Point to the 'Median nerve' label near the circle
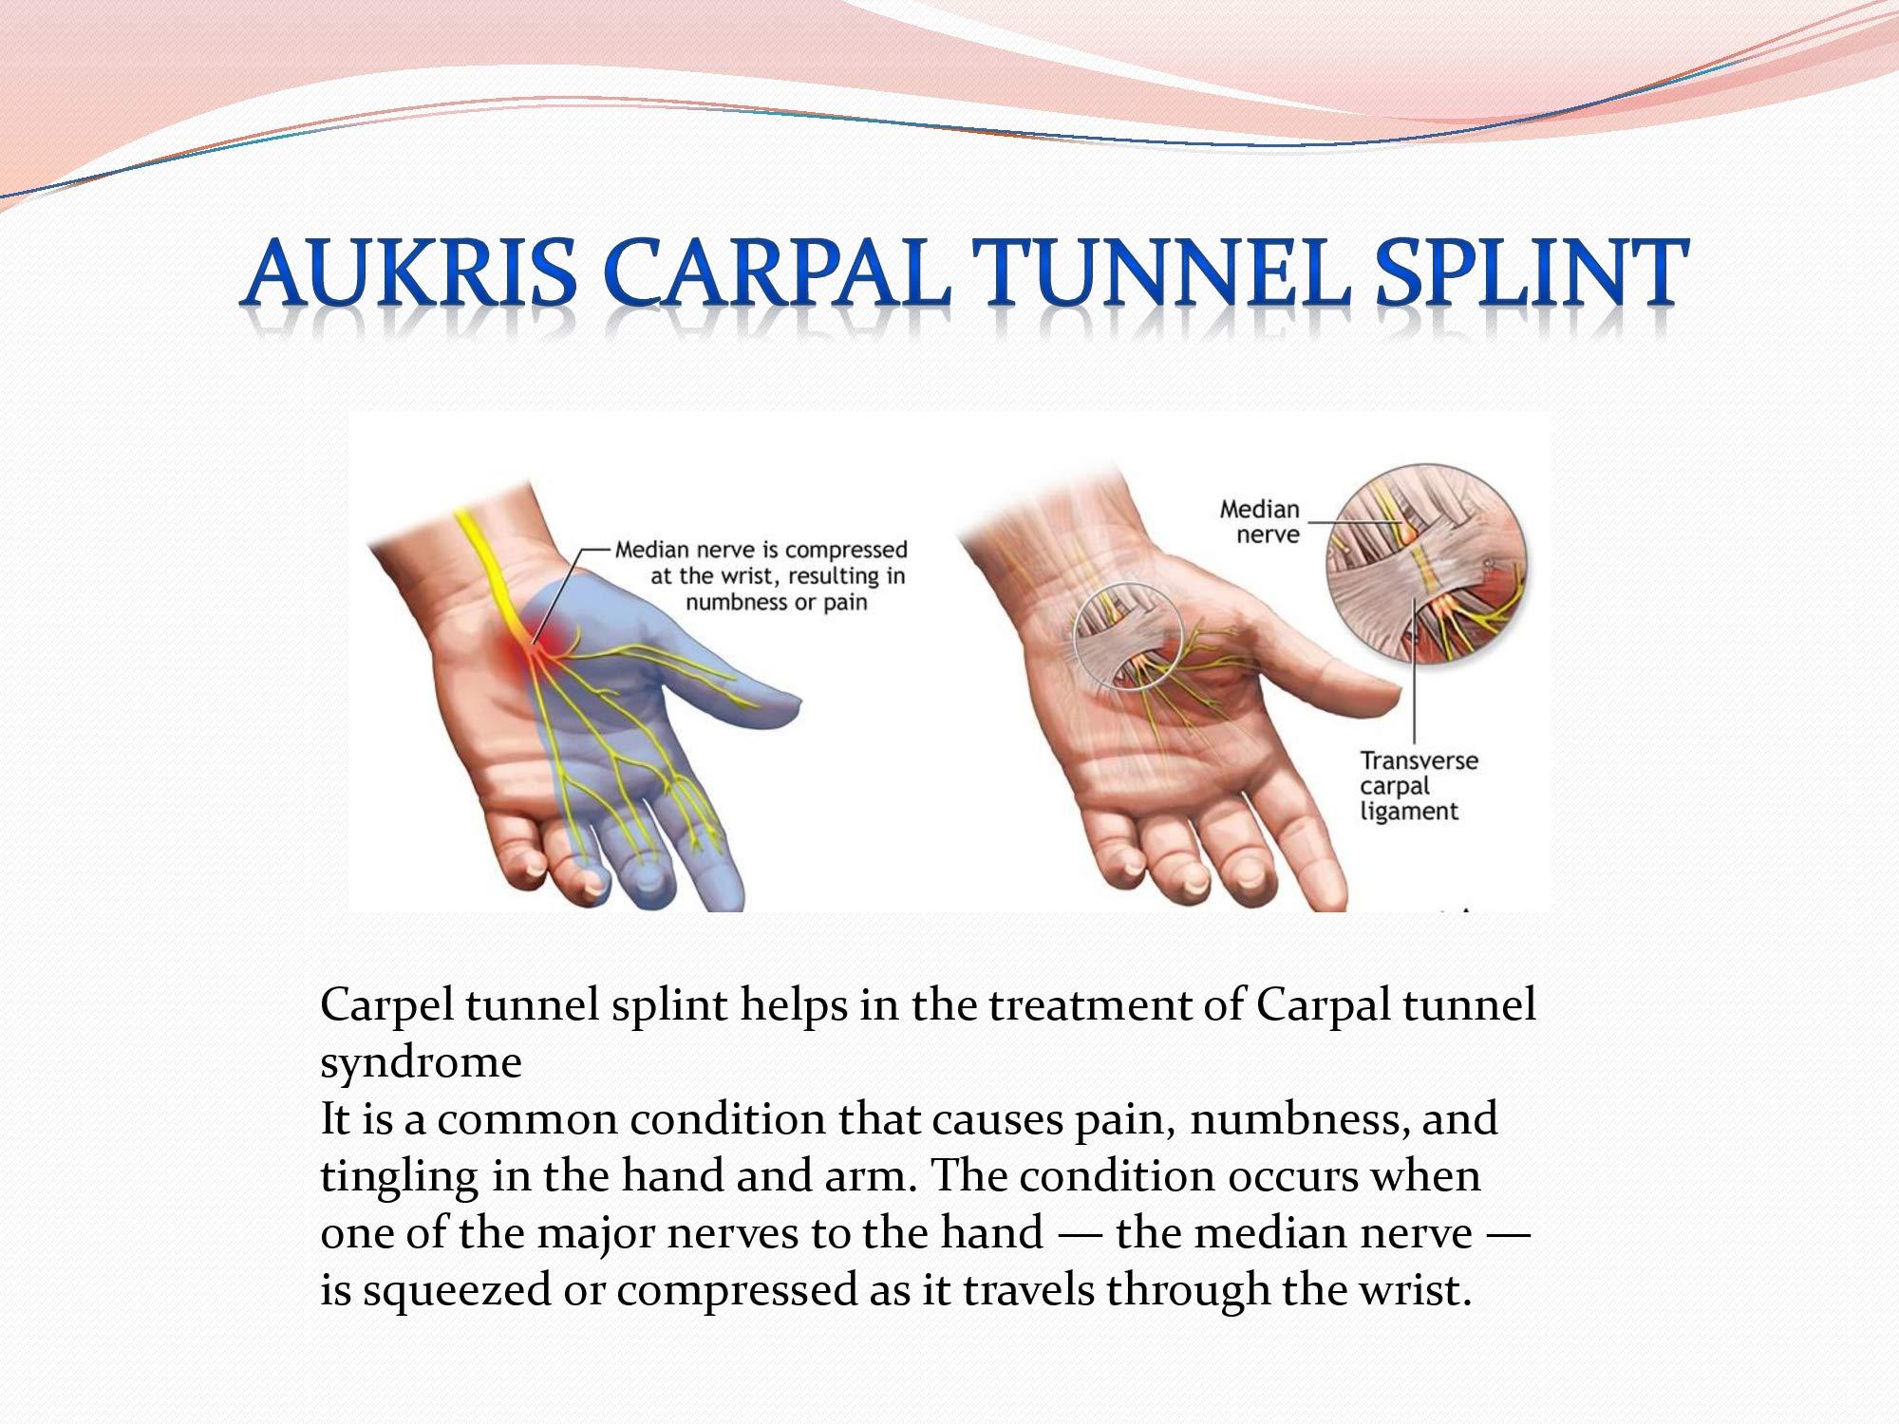(x=1259, y=521)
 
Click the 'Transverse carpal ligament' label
(x=1419, y=786)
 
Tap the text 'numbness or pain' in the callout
(x=776, y=602)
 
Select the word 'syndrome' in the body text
(x=421, y=1062)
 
